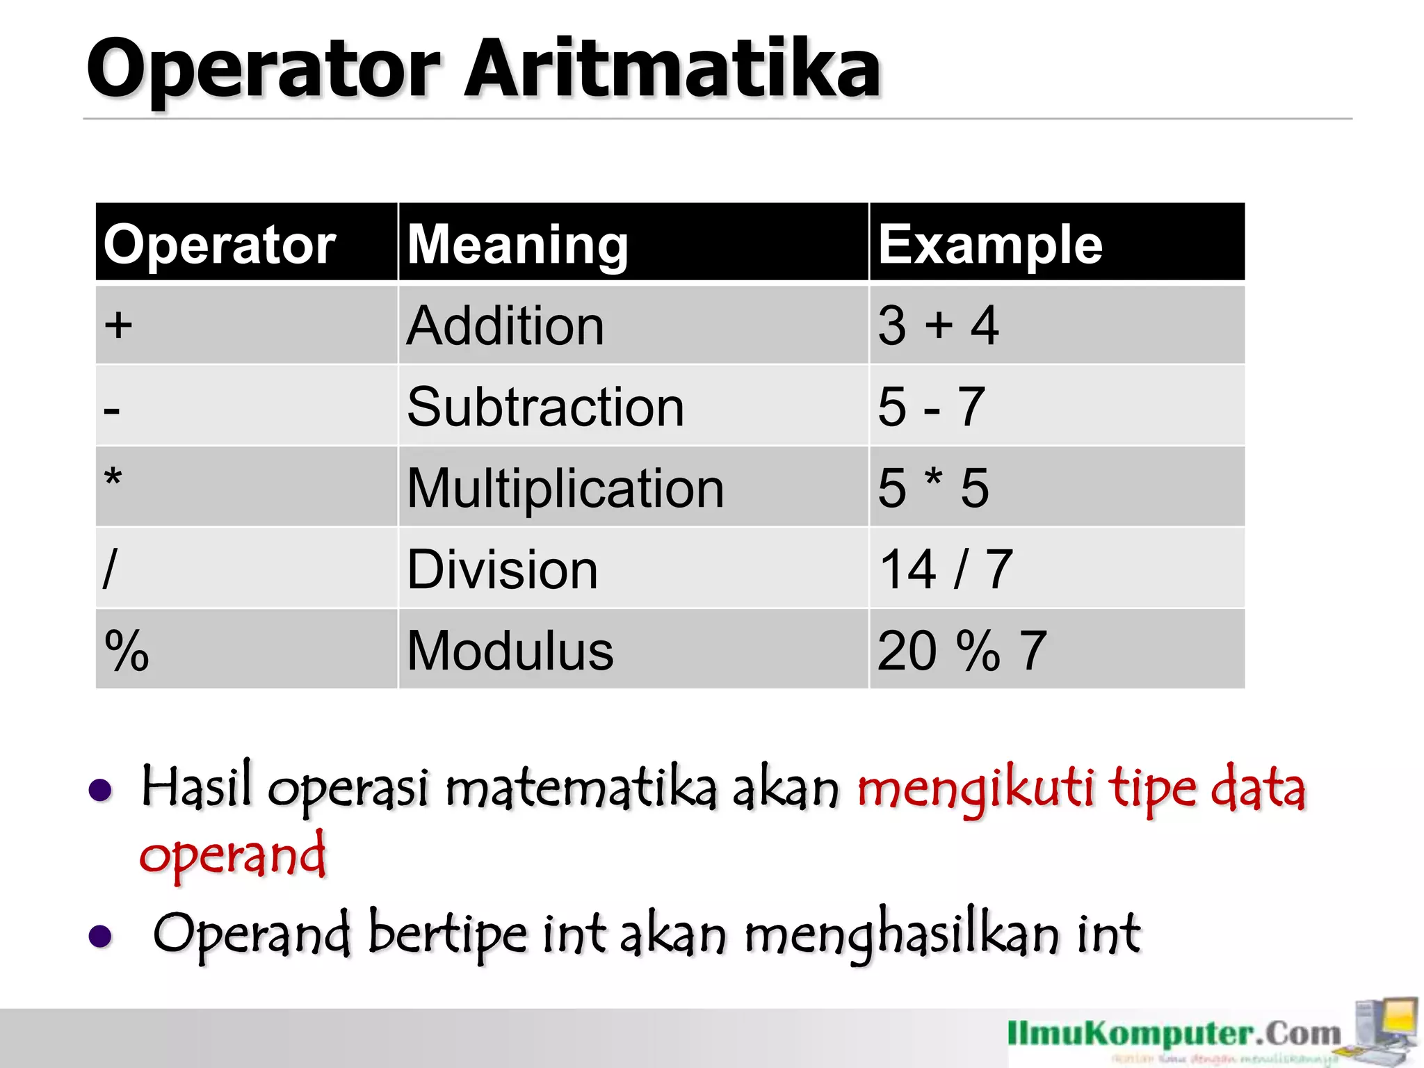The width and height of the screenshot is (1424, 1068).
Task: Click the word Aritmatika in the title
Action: pos(672,68)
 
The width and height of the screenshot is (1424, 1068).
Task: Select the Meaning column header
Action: pos(517,244)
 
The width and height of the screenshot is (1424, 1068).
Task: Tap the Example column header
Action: pos(989,244)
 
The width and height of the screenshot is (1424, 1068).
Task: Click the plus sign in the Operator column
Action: pos(119,325)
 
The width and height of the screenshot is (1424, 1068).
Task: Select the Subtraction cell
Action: pos(545,407)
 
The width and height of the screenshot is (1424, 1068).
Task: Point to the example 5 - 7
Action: pos(931,407)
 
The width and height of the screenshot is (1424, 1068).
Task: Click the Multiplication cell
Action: pos(565,488)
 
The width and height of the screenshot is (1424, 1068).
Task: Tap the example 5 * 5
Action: pos(932,488)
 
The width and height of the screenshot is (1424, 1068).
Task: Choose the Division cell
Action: pos(502,569)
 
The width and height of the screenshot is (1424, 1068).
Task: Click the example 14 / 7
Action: pos(945,569)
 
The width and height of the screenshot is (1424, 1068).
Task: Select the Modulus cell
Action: pos(510,651)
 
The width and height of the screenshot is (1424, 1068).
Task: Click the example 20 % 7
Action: pos(962,651)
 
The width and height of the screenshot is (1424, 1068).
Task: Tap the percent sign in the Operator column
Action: pos(127,651)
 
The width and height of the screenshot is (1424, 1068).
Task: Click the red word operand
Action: pos(232,855)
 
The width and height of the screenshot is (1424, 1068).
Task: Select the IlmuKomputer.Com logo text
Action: pos(1174,1034)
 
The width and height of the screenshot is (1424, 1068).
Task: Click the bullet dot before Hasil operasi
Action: pos(101,791)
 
